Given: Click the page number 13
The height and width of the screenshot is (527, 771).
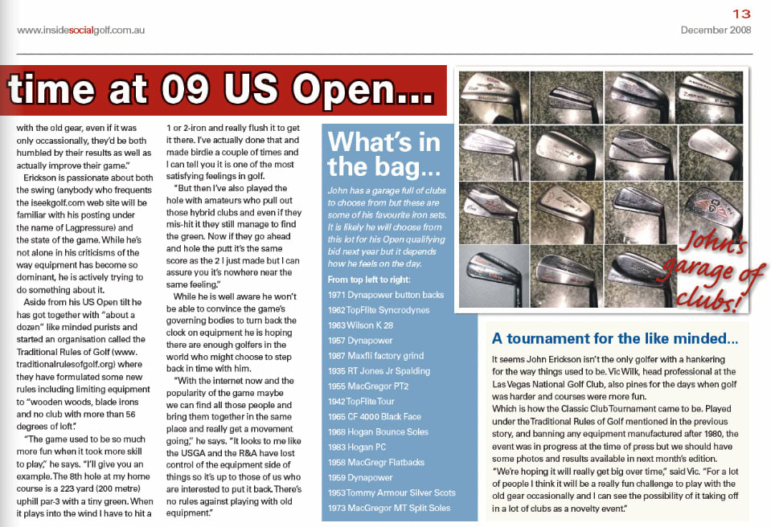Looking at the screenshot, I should point(741,13).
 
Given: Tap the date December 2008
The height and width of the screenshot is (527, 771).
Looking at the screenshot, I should point(716,30).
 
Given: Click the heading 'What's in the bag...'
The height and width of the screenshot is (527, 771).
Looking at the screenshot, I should point(384,153).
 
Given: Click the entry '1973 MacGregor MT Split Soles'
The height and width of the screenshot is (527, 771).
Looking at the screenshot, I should point(389,508).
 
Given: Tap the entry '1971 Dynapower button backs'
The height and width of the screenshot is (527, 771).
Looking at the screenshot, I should point(386,295).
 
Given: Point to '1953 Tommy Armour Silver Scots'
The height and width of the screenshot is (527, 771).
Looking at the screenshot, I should point(392,492).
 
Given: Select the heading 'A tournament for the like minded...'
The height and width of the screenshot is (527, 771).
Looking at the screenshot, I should point(615,338).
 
